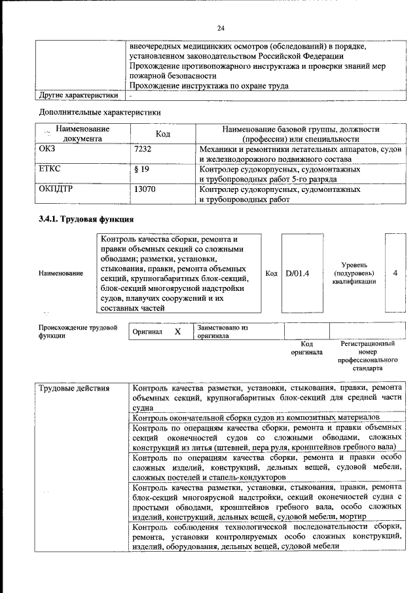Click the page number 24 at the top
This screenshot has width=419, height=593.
click(221, 28)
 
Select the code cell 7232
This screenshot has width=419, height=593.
click(142, 150)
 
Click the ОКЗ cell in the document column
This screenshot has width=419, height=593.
click(48, 150)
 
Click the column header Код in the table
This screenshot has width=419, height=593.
click(163, 134)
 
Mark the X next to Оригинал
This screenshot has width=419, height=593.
click(177, 332)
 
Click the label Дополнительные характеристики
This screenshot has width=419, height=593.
click(100, 112)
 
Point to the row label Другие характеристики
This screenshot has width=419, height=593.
click(79, 95)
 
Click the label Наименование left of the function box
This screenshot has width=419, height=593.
click(61, 273)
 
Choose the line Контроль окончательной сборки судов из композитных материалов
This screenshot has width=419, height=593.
click(255, 417)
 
